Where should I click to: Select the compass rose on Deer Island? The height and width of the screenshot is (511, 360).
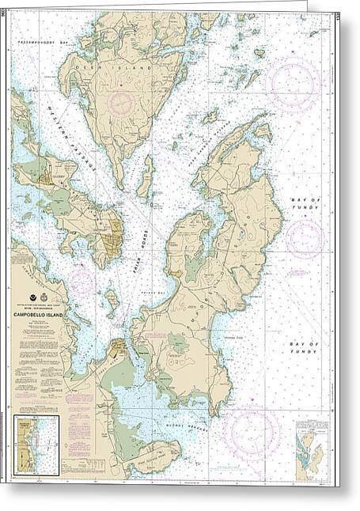click(121, 103)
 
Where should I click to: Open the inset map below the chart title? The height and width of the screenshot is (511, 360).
click(37, 447)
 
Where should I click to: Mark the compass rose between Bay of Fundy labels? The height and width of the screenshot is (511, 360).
click(305, 238)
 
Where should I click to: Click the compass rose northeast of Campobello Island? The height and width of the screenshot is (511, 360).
click(293, 83)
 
